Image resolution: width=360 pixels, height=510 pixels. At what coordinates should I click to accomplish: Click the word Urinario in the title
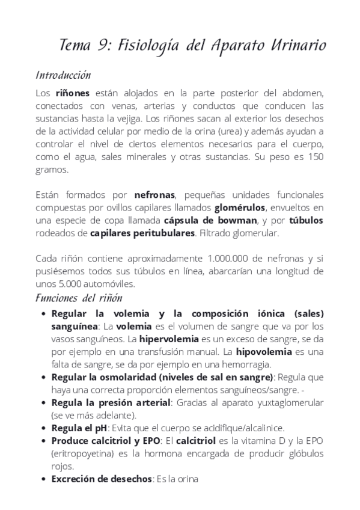coord(294,45)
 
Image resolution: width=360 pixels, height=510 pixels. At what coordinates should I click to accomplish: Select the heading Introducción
coord(63,75)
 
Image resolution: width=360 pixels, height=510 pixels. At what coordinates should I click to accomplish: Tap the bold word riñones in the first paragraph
coord(72,93)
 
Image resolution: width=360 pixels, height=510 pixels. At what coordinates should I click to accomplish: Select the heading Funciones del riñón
coord(79,298)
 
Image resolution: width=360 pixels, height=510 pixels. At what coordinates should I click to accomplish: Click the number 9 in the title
coord(103,45)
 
